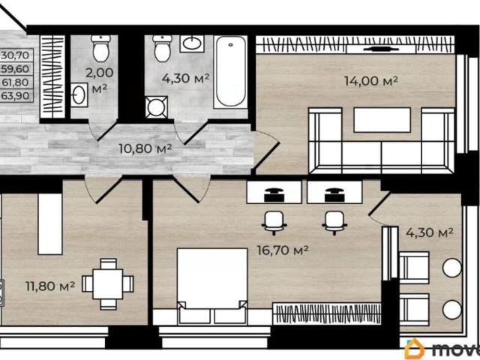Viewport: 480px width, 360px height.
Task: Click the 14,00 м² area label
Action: coord(370,81)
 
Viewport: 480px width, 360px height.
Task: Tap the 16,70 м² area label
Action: coord(283,250)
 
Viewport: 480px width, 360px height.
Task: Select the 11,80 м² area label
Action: coord(50,286)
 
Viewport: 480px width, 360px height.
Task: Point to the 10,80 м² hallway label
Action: coord(145,148)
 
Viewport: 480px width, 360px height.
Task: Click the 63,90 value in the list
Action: coord(15,96)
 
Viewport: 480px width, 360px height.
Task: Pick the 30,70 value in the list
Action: coord(15,55)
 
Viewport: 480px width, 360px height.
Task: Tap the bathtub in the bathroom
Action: coord(230,72)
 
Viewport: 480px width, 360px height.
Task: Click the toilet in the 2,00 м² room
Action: coord(101,48)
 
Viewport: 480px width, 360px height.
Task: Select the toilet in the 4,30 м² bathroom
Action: coord(162,48)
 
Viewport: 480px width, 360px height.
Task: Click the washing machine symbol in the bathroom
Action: coord(157,107)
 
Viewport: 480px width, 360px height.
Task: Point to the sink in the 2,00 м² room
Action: coord(79,95)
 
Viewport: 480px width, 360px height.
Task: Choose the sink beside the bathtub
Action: coord(192,43)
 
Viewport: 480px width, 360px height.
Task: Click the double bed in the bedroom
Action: coord(212,286)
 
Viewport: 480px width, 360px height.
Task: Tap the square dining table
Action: coord(108,284)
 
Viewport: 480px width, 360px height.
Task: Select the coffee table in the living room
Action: coord(382,120)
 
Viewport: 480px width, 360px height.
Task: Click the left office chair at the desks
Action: coord(274,223)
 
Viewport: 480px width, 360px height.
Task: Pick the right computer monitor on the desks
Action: coord(334,195)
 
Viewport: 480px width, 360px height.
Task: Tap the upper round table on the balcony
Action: coord(452,268)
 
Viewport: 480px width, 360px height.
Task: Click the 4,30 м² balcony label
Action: coord(430,233)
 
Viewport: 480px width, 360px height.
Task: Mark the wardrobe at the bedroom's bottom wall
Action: coord(327,313)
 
